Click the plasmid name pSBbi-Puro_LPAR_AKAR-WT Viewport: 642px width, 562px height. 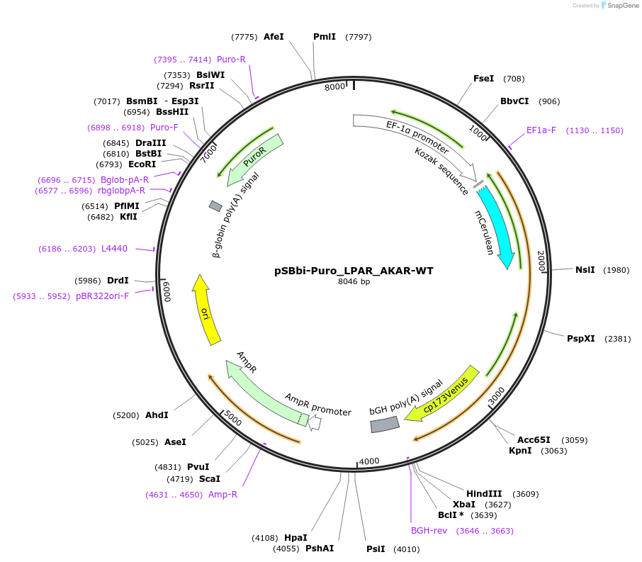coord(354,271)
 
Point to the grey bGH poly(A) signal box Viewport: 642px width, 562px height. coord(385,424)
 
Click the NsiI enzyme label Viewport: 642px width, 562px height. coord(585,270)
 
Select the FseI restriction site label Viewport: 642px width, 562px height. coord(483,79)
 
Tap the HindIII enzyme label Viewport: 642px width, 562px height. coord(484,494)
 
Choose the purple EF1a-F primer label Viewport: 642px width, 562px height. coord(541,130)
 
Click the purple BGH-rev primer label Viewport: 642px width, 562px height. coord(429,531)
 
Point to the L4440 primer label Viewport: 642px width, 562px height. coord(114,249)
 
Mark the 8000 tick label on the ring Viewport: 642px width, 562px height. coord(334,86)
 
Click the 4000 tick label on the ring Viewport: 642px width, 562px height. coord(370,462)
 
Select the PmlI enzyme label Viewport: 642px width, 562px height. coord(325,37)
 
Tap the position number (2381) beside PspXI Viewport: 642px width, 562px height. coord(617,339)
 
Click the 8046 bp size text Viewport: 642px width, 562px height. coord(354,282)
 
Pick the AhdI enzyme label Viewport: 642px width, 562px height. coord(157,415)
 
